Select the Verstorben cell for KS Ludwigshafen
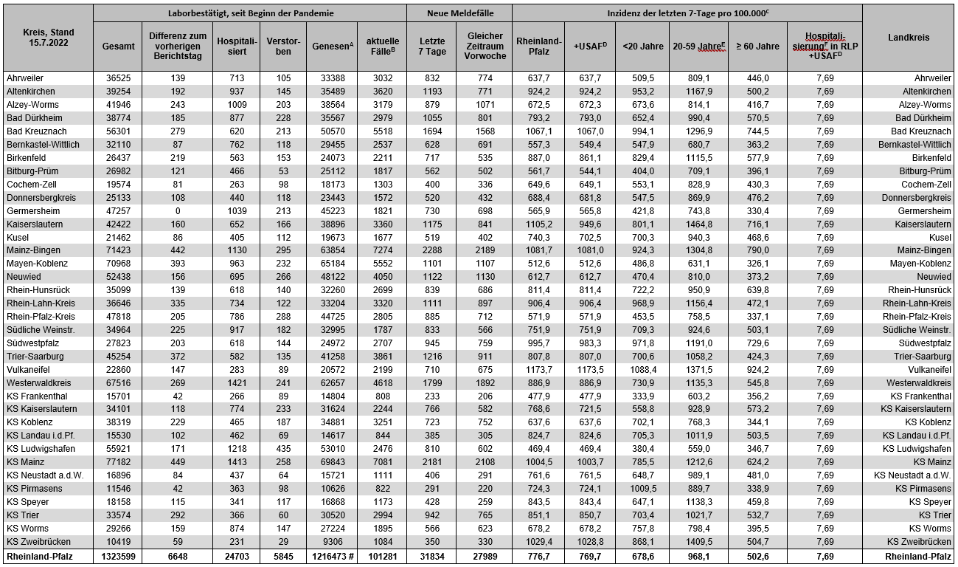283,448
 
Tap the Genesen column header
330,46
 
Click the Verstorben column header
283,46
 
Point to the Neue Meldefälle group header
459,13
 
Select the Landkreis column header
909,38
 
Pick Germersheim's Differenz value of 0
177,210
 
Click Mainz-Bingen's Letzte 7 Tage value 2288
432,250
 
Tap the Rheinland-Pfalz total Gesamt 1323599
118,557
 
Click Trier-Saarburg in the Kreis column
35,356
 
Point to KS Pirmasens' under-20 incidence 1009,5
642,488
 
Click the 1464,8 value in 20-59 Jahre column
698,224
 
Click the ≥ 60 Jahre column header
757,46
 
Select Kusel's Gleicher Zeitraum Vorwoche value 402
485,237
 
